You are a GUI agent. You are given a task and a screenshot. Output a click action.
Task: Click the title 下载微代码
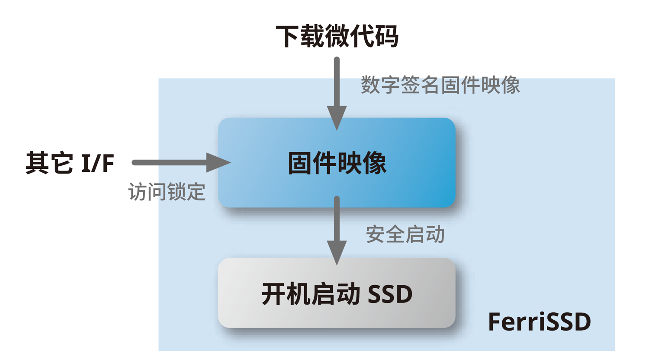pos(337,36)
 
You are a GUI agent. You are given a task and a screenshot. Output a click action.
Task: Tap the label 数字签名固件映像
pos(440,85)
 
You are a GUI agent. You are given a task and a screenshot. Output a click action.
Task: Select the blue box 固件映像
pos(337,163)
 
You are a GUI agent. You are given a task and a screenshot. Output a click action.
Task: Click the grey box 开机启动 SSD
pos(337,293)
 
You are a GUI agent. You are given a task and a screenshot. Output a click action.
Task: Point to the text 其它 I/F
pos(70,163)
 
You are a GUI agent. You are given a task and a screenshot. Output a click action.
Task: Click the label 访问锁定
pos(167,192)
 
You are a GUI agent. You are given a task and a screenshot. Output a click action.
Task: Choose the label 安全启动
pos(405,234)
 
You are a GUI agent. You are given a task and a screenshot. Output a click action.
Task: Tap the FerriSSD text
pos(539,322)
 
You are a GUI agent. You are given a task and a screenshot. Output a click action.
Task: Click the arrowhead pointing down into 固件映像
pos(337,118)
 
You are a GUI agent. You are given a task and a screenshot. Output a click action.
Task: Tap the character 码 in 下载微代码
pos(386,36)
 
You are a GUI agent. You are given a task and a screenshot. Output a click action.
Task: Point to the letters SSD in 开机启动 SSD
pos(390,294)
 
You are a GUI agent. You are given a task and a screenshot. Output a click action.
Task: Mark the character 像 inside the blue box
pos(374,164)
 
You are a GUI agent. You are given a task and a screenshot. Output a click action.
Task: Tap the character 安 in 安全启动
pos(376,234)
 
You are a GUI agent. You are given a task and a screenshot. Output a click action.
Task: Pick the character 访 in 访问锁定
pos(138,192)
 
